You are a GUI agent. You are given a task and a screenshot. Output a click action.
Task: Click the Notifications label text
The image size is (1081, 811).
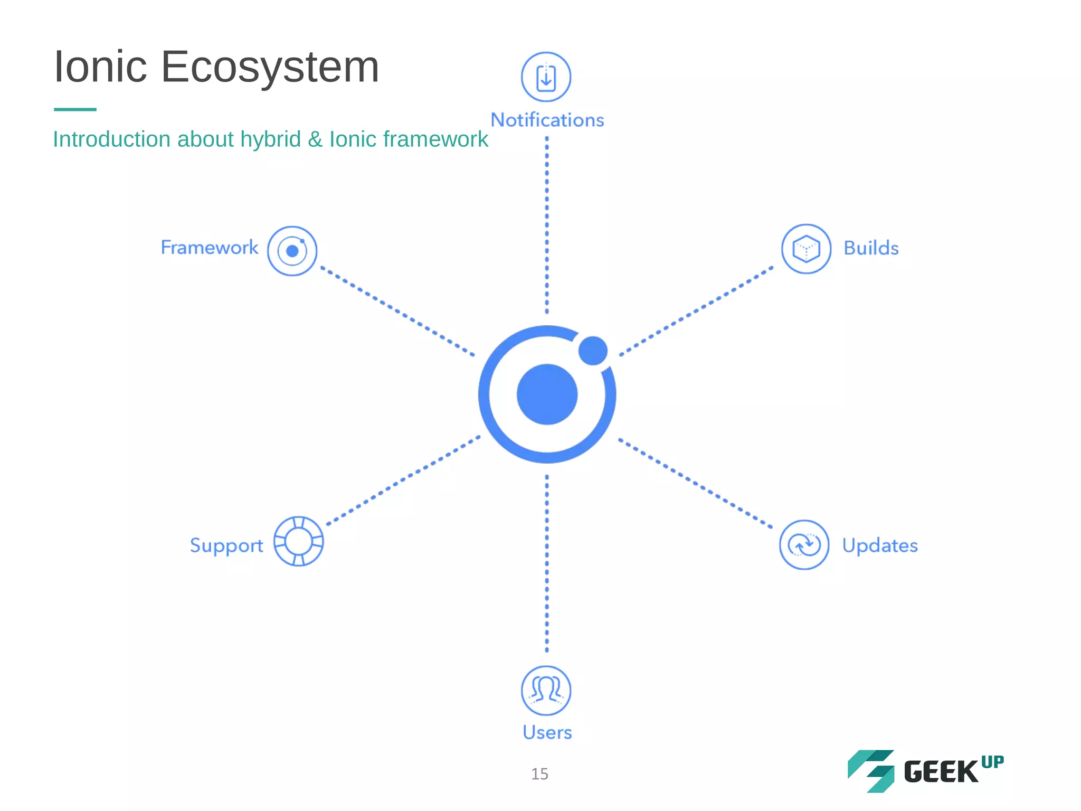point(547,120)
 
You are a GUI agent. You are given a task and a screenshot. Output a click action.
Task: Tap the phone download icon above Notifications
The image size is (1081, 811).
point(546,77)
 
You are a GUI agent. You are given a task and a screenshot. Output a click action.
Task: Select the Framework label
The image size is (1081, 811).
point(209,248)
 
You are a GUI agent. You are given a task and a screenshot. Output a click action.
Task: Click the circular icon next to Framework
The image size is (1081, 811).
point(292,251)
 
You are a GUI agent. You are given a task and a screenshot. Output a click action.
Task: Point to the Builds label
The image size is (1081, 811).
point(871,248)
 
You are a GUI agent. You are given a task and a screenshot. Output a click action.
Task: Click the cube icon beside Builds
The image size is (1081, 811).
point(806,249)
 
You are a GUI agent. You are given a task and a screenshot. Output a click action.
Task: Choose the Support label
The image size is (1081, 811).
point(226,545)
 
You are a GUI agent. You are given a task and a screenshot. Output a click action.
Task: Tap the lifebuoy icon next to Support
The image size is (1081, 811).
point(298,541)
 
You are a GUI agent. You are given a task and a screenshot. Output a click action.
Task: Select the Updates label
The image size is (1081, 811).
point(879,545)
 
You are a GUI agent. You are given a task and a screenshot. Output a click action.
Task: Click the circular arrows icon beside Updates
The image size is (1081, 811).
point(804,544)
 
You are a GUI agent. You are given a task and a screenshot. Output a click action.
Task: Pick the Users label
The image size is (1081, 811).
point(547,732)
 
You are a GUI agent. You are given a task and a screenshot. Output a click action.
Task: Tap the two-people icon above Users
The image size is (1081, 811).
point(546,690)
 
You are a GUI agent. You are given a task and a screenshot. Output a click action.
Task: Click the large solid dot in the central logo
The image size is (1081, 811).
point(547,394)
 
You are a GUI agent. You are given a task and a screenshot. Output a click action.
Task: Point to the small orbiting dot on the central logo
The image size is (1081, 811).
point(593,351)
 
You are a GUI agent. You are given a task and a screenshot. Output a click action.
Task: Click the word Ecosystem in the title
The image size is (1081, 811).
point(270,68)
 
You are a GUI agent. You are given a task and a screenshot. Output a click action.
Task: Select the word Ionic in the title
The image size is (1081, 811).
point(100,67)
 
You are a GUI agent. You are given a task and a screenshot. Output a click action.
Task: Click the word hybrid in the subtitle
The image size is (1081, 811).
point(270,140)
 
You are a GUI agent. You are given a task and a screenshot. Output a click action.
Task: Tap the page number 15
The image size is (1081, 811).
point(539,774)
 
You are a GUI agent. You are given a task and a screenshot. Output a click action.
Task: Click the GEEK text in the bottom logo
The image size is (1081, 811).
point(941,772)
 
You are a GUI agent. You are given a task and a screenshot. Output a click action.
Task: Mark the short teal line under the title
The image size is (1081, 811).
point(75,109)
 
